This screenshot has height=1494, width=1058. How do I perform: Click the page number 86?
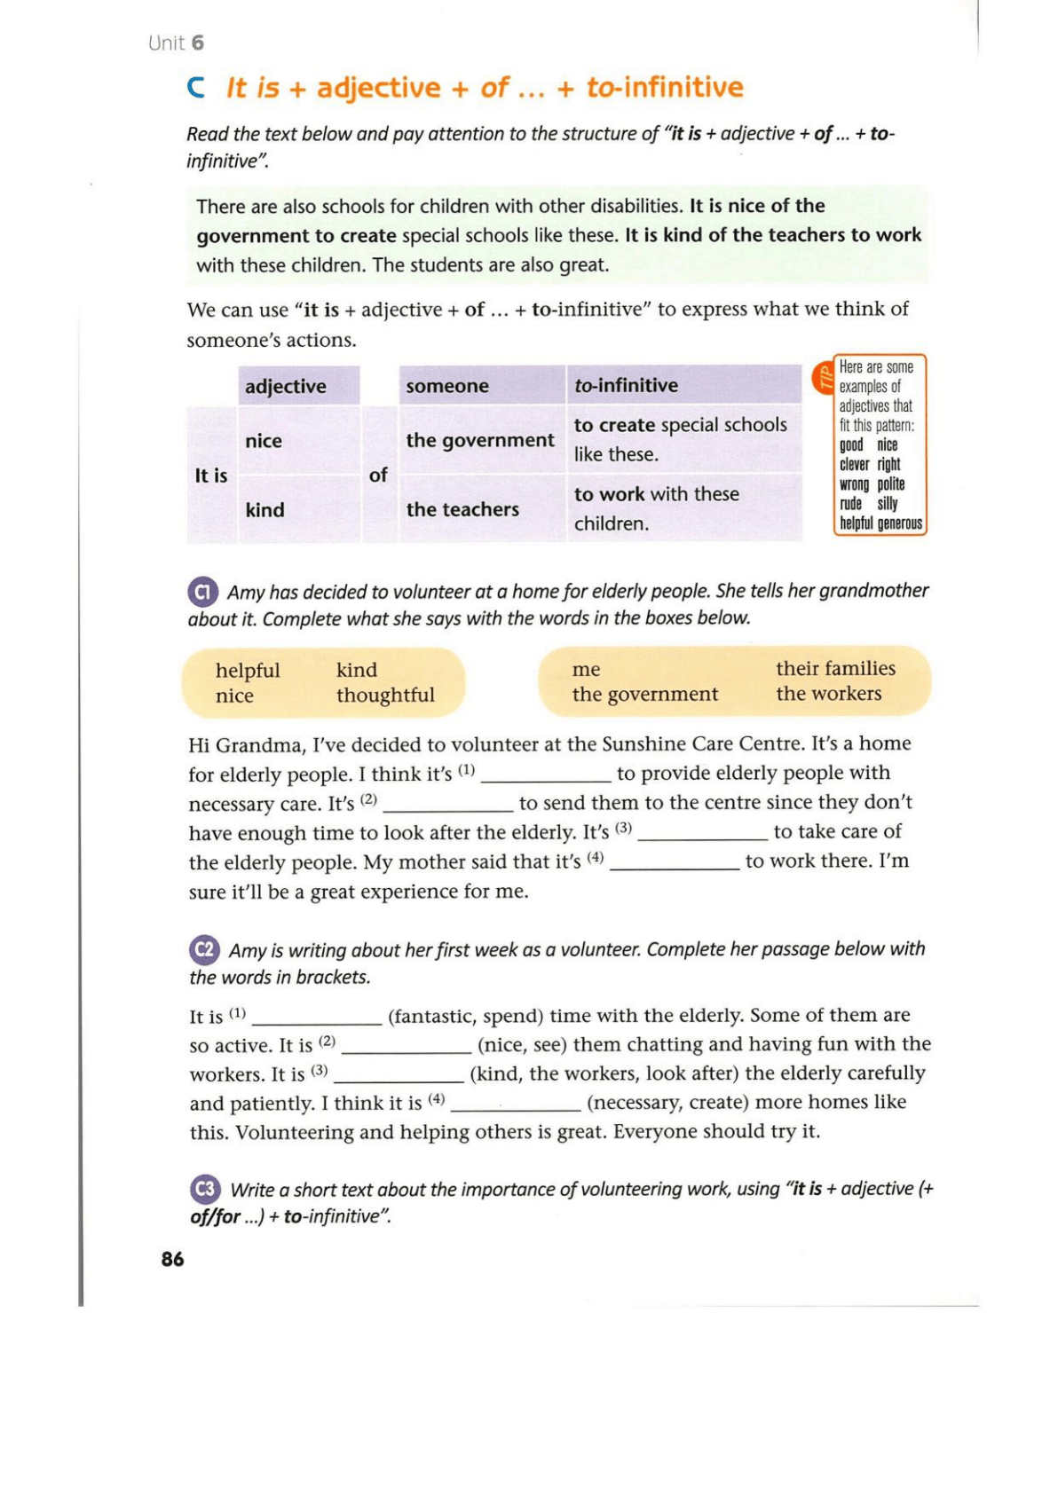[172, 1259]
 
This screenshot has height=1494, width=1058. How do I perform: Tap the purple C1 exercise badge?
[203, 592]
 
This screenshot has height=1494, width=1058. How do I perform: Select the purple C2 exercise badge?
[204, 950]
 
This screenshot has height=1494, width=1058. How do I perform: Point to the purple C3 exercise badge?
[205, 1189]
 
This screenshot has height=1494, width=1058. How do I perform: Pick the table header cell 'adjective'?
[286, 387]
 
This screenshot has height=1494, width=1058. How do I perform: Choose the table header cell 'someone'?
[447, 386]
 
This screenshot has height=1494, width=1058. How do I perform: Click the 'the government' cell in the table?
[479, 440]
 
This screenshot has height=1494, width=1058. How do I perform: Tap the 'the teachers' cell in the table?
[462, 509]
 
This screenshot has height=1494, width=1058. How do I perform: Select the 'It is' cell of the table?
[211, 476]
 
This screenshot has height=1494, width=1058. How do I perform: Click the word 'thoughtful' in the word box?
[385, 696]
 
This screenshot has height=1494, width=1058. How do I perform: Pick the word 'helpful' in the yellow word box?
[248, 671]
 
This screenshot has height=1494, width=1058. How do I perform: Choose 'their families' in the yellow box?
[835, 668]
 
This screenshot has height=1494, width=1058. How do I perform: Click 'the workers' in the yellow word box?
[829, 694]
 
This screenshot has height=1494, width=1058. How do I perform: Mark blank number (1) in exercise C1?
[545, 775]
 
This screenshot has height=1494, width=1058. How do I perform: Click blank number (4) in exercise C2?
[516, 1104]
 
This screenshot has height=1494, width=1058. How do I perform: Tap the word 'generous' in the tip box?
[900, 523]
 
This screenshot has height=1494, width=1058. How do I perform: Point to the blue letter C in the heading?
[196, 88]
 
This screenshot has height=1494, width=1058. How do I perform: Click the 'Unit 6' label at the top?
[176, 43]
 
